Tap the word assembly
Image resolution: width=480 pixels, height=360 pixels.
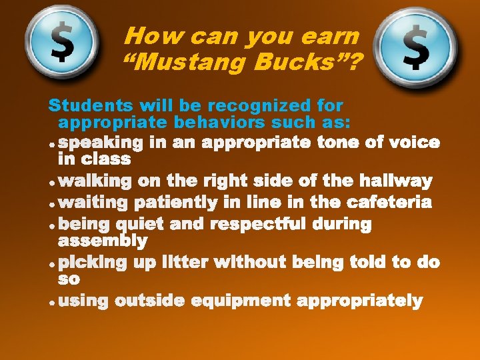pyautogui.click(x=103, y=241)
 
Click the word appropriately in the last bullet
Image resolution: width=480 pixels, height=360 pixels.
pyautogui.click(x=360, y=301)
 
